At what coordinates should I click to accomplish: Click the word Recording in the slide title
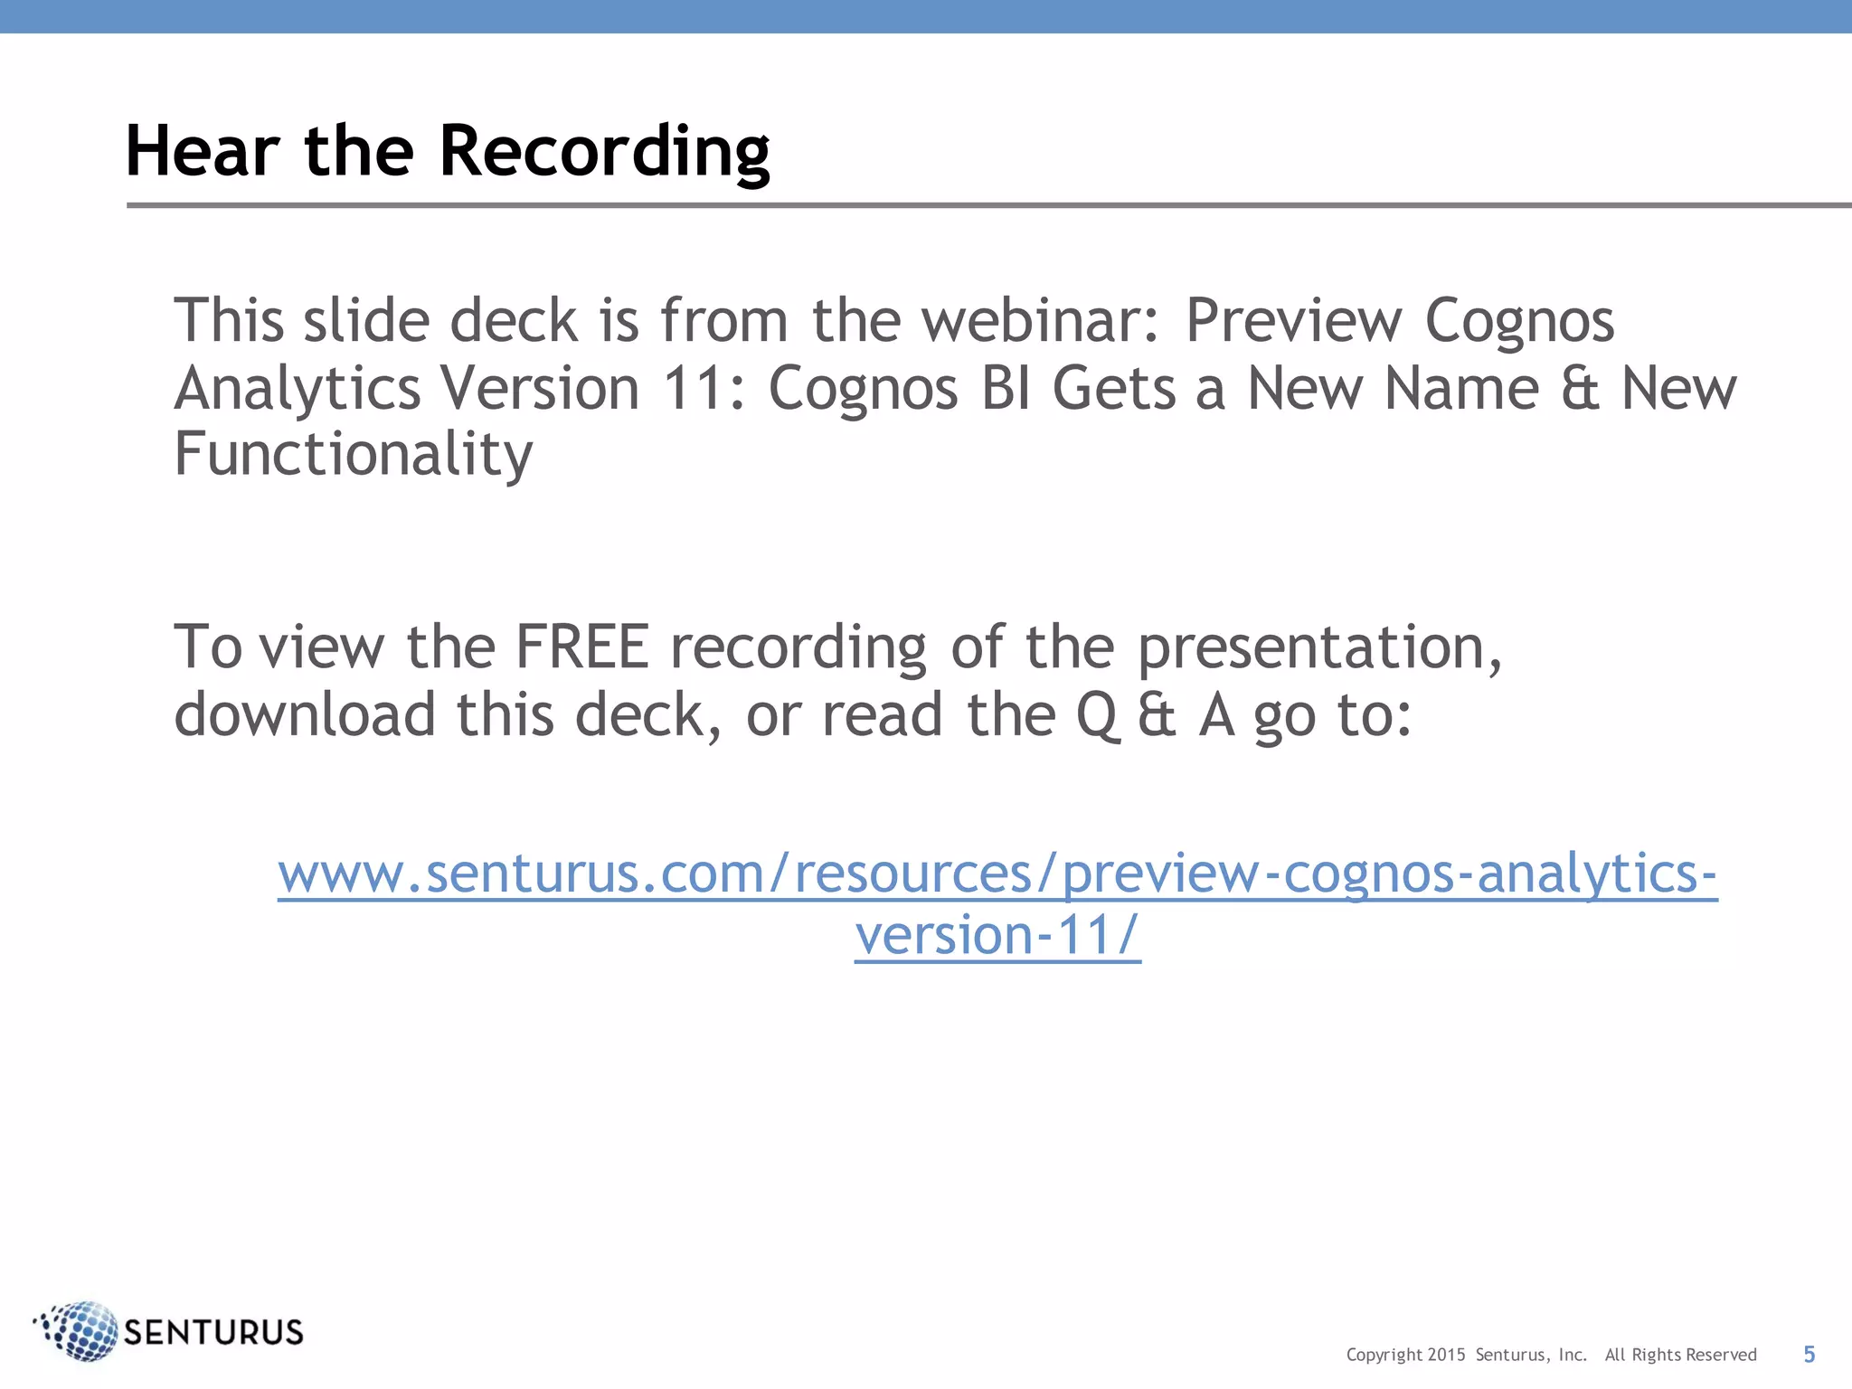[x=604, y=152]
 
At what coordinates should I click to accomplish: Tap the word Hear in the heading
[x=202, y=152]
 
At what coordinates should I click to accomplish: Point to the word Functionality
[x=353, y=455]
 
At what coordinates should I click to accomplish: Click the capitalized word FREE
[x=581, y=647]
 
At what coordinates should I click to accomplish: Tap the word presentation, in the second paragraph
[x=1319, y=647]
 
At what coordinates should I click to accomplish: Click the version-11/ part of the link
[x=997, y=935]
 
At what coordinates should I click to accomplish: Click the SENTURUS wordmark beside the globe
[x=213, y=1332]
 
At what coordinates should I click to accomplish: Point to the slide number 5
[x=1809, y=1354]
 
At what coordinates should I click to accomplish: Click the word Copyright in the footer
[x=1384, y=1355]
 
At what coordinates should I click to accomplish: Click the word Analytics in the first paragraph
[x=298, y=389]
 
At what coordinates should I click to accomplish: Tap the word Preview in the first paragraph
[x=1293, y=321]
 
